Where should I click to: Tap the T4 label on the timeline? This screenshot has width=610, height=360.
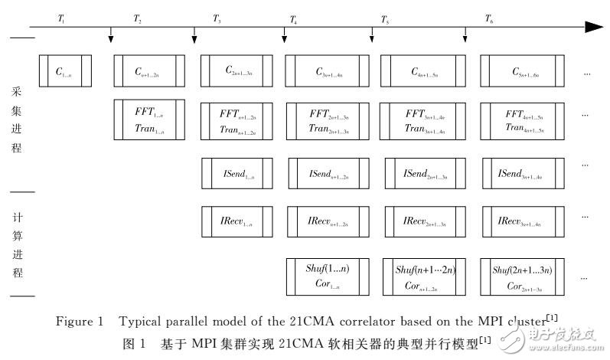tap(293, 18)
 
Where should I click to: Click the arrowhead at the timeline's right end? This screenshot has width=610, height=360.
tap(594, 27)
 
